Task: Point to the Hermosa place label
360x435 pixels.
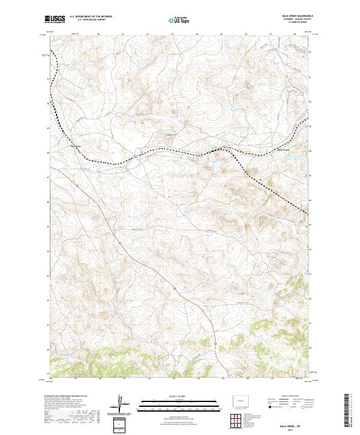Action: (75, 144)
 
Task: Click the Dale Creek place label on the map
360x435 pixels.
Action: (282, 149)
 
